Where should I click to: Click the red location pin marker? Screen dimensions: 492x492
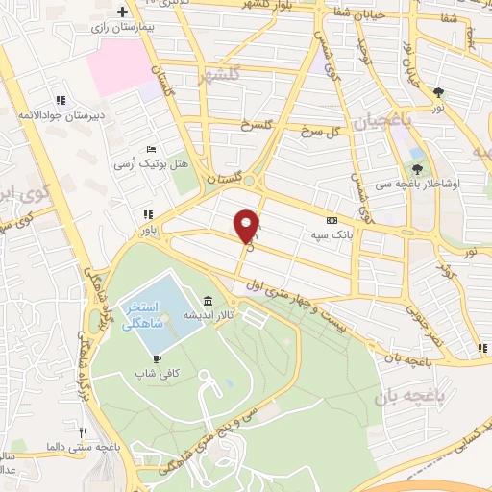click(248, 226)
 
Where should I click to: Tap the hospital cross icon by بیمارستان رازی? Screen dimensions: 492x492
click(122, 12)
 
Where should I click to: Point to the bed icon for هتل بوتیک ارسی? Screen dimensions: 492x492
click(152, 149)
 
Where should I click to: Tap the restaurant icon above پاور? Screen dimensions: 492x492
click(146, 215)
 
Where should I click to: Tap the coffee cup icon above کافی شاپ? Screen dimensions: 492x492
click(157, 359)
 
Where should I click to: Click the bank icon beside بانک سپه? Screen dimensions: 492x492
click(332, 219)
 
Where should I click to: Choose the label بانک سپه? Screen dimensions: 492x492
click(327, 234)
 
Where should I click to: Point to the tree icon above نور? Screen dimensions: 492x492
click(439, 92)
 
